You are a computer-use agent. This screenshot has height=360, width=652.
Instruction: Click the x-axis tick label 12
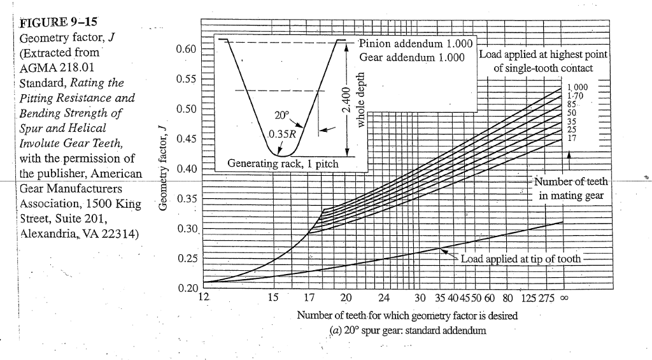click(x=204, y=297)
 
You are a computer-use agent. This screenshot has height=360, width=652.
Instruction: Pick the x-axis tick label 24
click(x=382, y=298)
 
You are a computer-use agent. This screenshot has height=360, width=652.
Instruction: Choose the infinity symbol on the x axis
click(x=562, y=298)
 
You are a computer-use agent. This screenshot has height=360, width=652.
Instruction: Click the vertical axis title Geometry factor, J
click(x=163, y=169)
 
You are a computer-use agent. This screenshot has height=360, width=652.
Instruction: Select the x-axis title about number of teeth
click(x=407, y=315)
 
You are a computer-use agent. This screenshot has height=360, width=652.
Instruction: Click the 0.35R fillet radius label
click(x=281, y=134)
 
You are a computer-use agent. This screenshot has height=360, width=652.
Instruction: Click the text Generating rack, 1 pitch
click(x=283, y=164)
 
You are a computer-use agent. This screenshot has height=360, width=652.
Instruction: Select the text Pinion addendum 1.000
click(x=416, y=44)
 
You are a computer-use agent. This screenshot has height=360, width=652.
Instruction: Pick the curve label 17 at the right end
click(x=572, y=136)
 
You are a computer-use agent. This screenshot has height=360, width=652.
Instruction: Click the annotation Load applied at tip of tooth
click(x=520, y=259)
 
